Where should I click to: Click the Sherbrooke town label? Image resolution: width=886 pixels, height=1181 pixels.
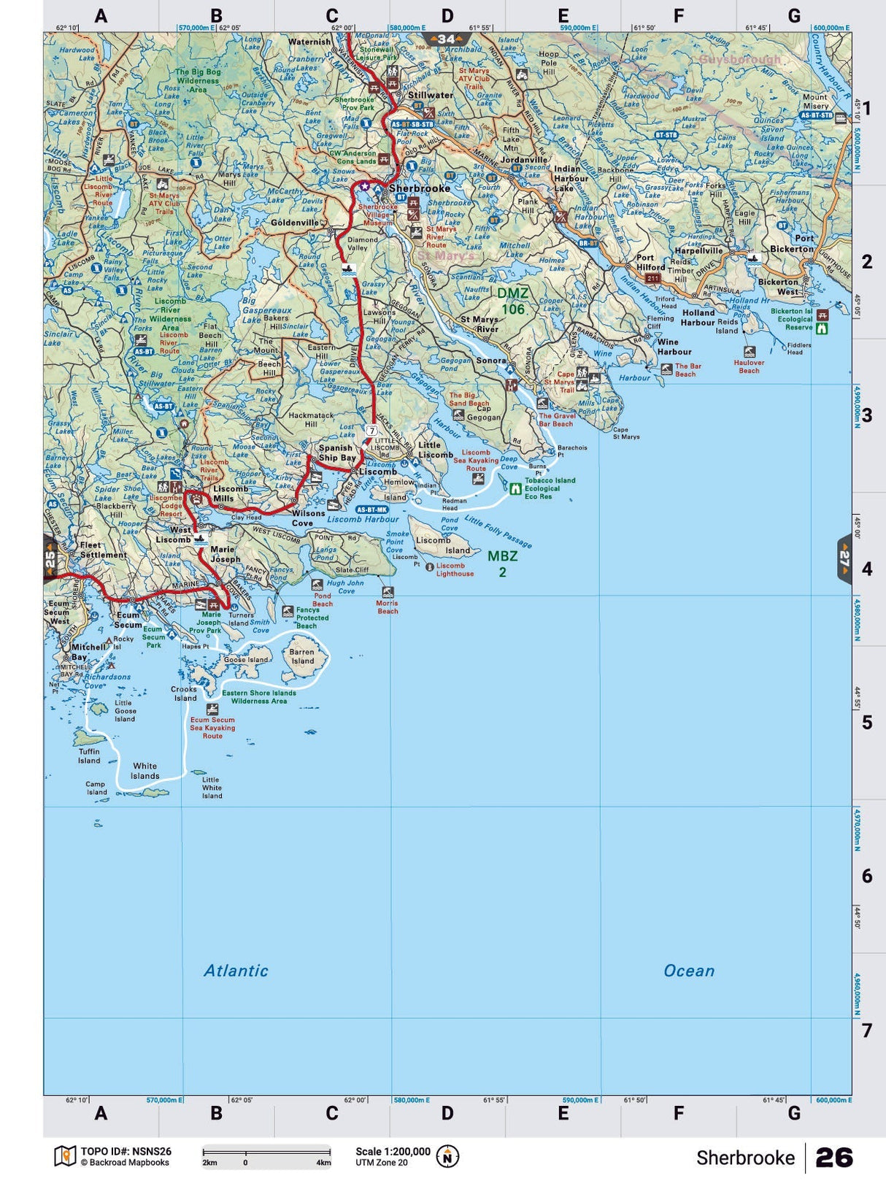pyautogui.click(x=419, y=188)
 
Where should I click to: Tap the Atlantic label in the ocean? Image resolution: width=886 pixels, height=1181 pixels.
pyautogui.click(x=236, y=971)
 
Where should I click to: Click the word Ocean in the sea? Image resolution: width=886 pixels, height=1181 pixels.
pyautogui.click(x=688, y=971)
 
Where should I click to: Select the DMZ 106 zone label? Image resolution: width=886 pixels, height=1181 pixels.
pyautogui.click(x=512, y=301)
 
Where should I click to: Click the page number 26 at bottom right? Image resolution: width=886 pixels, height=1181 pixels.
pyautogui.click(x=833, y=1158)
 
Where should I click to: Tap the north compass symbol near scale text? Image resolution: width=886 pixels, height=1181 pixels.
pyautogui.click(x=447, y=1157)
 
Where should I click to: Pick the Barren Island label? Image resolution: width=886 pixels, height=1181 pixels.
pyautogui.click(x=302, y=656)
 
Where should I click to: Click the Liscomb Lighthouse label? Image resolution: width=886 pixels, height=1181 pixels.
pyautogui.click(x=455, y=569)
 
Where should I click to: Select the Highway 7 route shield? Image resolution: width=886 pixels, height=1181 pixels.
pyautogui.click(x=372, y=431)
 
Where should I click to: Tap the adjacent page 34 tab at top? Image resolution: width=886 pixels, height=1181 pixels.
pyautogui.click(x=446, y=39)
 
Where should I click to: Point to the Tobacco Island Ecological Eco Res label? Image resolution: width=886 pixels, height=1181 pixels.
pyautogui.click(x=549, y=488)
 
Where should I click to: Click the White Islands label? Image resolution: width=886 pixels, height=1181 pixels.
pyautogui.click(x=145, y=771)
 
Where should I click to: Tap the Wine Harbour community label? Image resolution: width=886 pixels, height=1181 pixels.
pyautogui.click(x=674, y=347)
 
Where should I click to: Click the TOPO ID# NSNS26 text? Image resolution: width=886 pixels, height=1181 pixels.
pyautogui.click(x=126, y=1152)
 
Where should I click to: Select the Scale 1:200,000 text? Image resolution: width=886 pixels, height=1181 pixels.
pyautogui.click(x=393, y=1152)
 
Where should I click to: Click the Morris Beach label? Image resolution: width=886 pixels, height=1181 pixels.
pyautogui.click(x=387, y=607)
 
